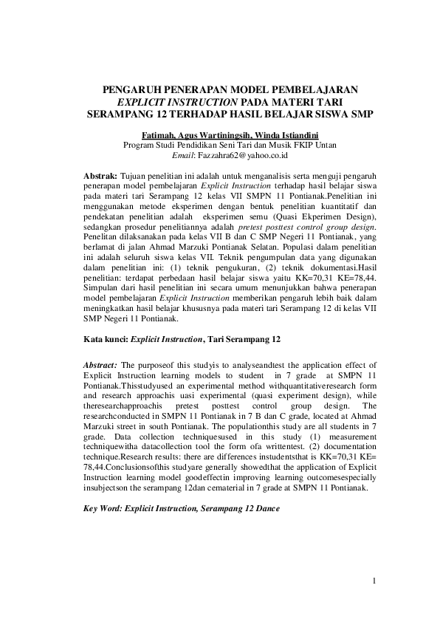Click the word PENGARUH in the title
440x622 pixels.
point(131,89)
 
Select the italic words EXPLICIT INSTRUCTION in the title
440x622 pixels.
point(175,102)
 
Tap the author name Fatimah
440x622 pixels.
point(159,135)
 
